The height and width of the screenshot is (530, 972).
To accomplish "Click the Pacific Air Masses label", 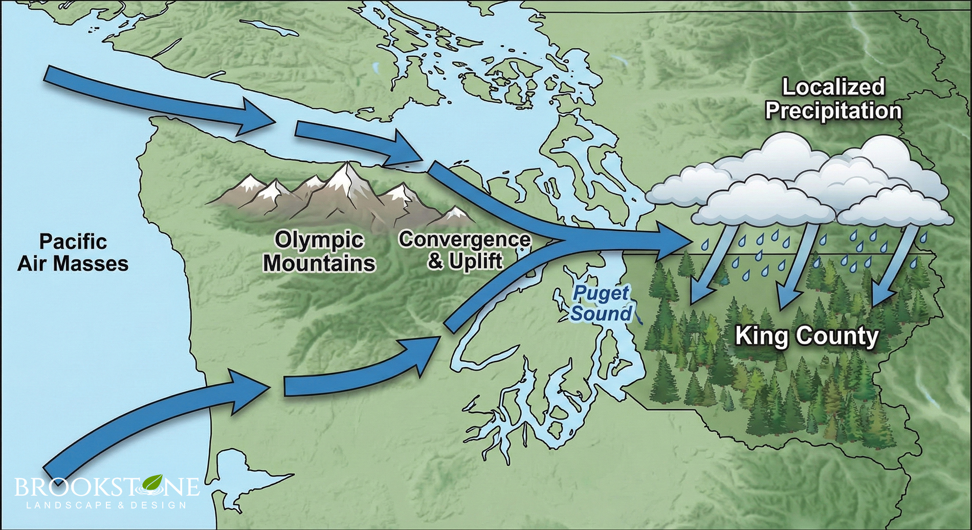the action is click(x=73, y=253).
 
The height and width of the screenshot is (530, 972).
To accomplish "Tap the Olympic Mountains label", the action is click(x=319, y=251).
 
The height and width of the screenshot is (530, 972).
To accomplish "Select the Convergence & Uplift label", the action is click(x=465, y=250).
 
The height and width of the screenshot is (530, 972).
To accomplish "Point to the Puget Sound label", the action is click(x=601, y=303).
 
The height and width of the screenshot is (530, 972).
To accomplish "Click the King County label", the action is click(x=807, y=336).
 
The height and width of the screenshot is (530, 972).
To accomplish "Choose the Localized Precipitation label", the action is click(x=833, y=99).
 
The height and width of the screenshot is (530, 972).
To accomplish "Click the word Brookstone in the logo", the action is click(x=106, y=487).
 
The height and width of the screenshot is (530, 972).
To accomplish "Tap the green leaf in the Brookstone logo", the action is click(x=152, y=482).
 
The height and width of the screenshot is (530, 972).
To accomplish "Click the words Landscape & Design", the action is click(x=106, y=505).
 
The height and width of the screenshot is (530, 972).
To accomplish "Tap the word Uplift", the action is click(x=476, y=261).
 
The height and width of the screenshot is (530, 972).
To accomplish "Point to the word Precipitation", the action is click(x=833, y=111).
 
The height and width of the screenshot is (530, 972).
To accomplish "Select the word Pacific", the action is click(x=73, y=241).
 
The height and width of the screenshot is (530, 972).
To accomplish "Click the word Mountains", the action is click(x=319, y=263).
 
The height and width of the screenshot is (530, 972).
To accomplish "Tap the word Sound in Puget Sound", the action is click(x=601, y=313).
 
